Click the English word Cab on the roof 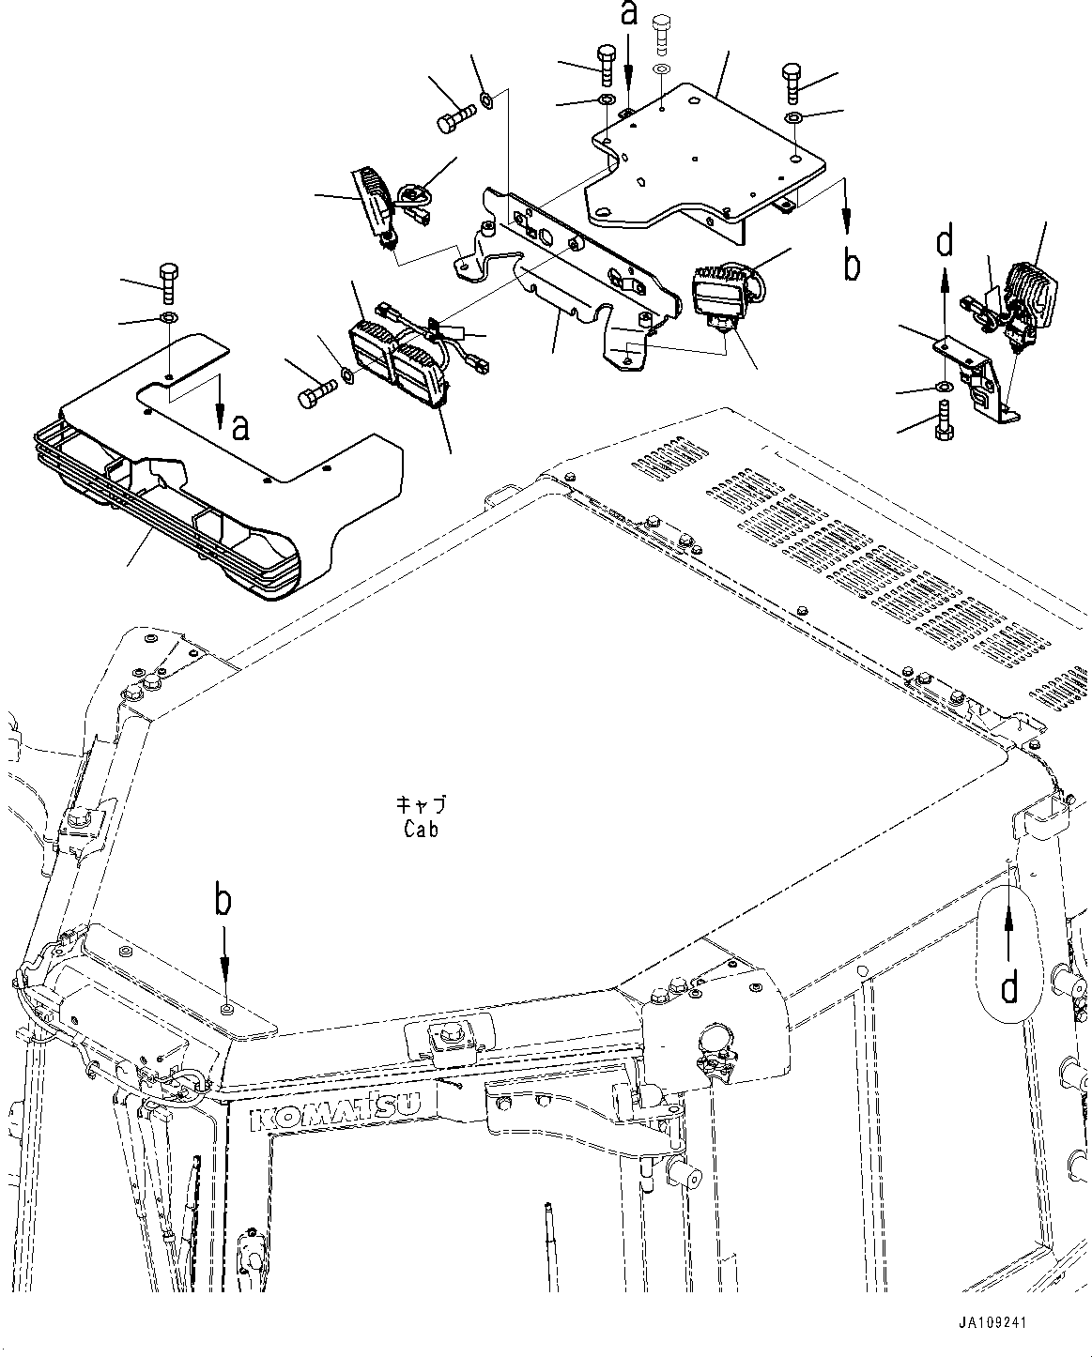[x=421, y=829]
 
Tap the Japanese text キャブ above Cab [x=421, y=805]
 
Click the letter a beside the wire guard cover [x=241, y=428]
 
